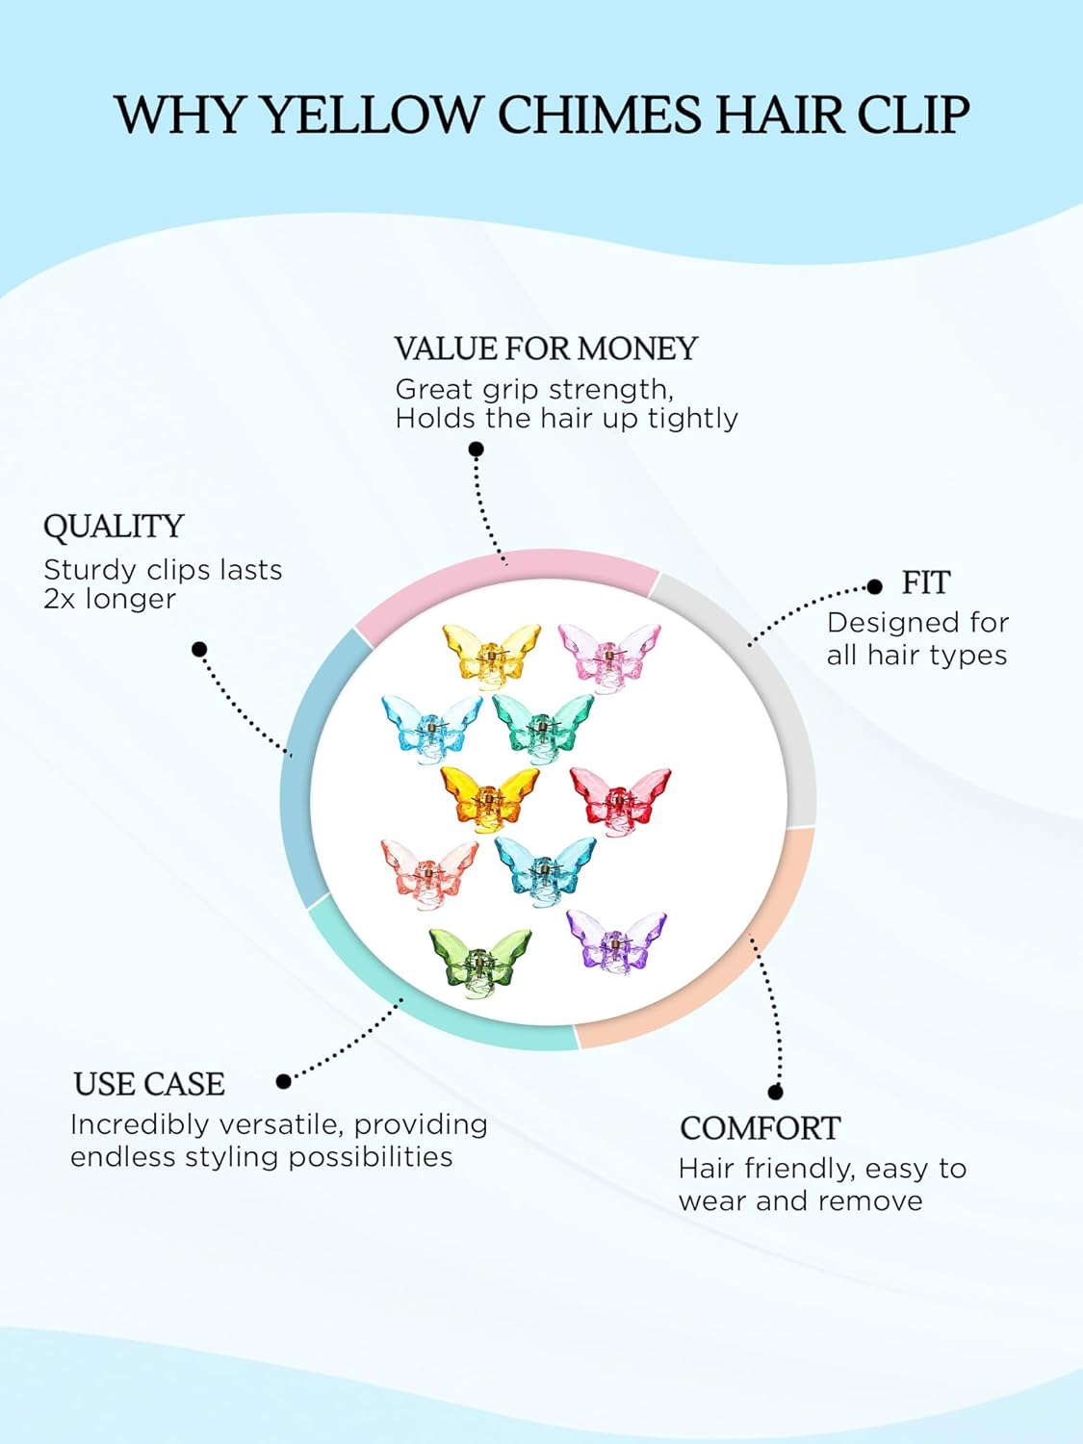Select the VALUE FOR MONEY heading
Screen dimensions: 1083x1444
pos(546,348)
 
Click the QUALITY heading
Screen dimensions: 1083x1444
pos(114,527)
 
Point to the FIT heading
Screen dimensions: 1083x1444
pos(925,583)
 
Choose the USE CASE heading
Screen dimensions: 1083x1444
pos(149,1085)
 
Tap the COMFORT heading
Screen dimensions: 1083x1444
pos(760,1128)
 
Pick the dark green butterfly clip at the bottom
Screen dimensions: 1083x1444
pos(479,960)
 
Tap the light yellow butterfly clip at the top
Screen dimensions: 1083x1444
pos(490,652)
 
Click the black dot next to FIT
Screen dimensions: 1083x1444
pos(874,586)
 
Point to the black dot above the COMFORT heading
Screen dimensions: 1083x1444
pos(776,1092)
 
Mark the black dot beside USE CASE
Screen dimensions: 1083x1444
pos(283,1081)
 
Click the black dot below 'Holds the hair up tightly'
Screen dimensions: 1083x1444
pos(476,449)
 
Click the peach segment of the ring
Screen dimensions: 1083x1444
pos(732,972)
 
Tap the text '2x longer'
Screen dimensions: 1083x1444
pos(110,599)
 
